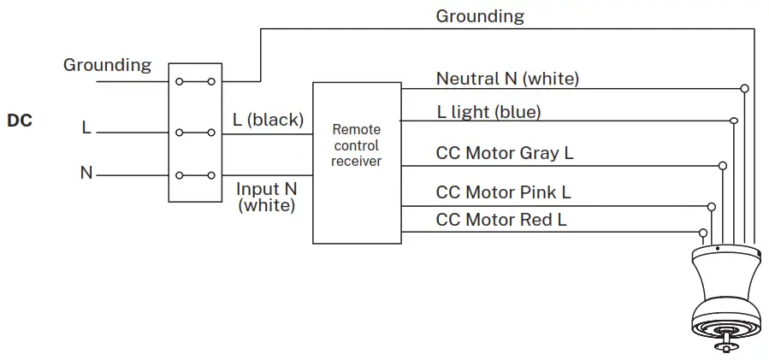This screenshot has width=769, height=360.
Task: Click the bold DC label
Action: coord(20,121)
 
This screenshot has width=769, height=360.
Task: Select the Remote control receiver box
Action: coord(357,162)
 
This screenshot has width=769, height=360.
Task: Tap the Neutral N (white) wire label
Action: coord(507,79)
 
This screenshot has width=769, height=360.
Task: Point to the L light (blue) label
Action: coord(488,112)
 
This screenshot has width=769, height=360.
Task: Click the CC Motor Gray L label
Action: coord(505,154)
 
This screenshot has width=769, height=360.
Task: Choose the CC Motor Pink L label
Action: coord(503,192)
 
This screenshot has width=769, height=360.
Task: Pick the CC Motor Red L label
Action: coord(501,220)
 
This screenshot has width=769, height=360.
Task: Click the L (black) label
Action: coord(268,121)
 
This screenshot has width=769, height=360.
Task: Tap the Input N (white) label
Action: coord(268,197)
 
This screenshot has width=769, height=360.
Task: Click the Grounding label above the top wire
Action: coord(480,16)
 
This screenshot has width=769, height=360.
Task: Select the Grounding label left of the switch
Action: coord(107,65)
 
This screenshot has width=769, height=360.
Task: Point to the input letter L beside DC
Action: coord(86,128)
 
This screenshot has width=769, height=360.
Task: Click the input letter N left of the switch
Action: coord(86,173)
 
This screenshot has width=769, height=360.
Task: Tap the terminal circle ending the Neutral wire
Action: coord(745,88)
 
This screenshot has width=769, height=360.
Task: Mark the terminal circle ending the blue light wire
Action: coord(734,121)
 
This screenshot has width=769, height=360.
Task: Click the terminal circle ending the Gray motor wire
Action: coord(723,164)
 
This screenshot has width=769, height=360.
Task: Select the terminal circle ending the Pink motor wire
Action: coord(712,206)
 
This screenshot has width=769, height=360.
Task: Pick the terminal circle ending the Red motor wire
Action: coord(703,232)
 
